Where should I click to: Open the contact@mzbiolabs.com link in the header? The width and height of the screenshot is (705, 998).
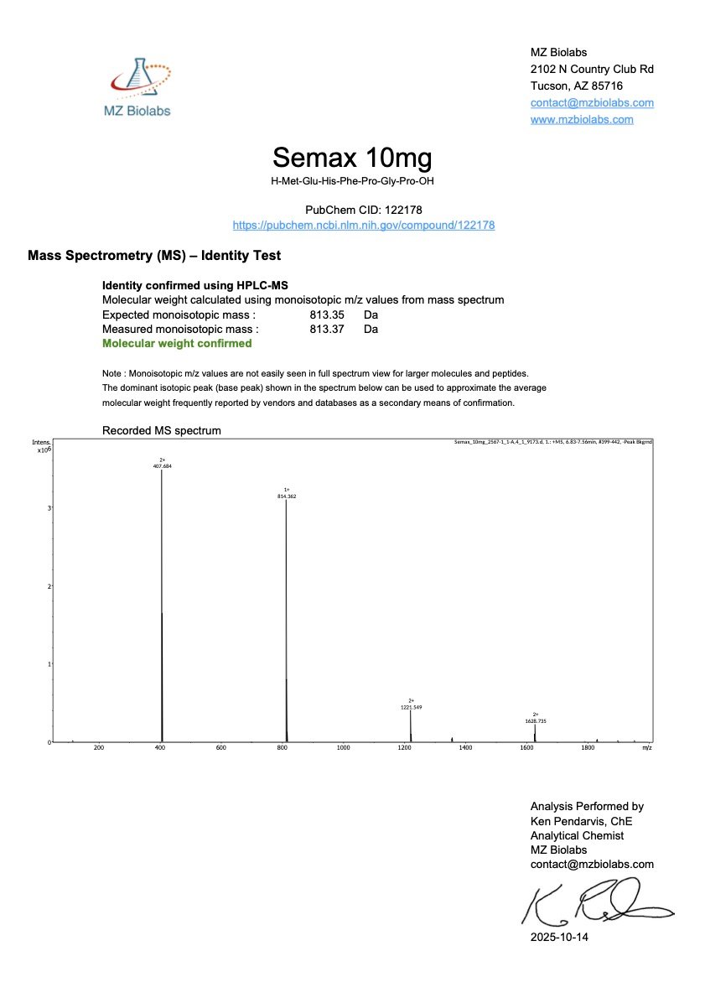(x=592, y=103)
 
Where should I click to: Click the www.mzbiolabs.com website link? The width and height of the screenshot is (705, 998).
(x=582, y=119)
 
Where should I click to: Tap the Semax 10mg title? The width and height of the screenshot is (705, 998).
(x=352, y=158)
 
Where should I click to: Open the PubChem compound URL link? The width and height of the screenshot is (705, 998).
(x=363, y=226)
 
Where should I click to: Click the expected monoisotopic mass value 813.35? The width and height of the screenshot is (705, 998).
(x=325, y=314)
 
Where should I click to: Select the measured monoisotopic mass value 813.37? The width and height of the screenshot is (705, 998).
(x=325, y=329)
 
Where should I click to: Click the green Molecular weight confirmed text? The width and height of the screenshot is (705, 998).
(x=177, y=343)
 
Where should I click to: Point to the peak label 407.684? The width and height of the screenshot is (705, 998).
(x=163, y=465)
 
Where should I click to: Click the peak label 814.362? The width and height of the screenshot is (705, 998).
(x=287, y=496)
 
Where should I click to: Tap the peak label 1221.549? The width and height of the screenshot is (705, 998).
(x=411, y=707)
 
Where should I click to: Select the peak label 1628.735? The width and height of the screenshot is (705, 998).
(x=535, y=720)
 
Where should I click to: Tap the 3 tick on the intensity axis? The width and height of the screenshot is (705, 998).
(x=49, y=508)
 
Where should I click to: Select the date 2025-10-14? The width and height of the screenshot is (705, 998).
(x=559, y=937)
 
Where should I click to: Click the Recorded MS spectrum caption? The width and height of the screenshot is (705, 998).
(x=161, y=430)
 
